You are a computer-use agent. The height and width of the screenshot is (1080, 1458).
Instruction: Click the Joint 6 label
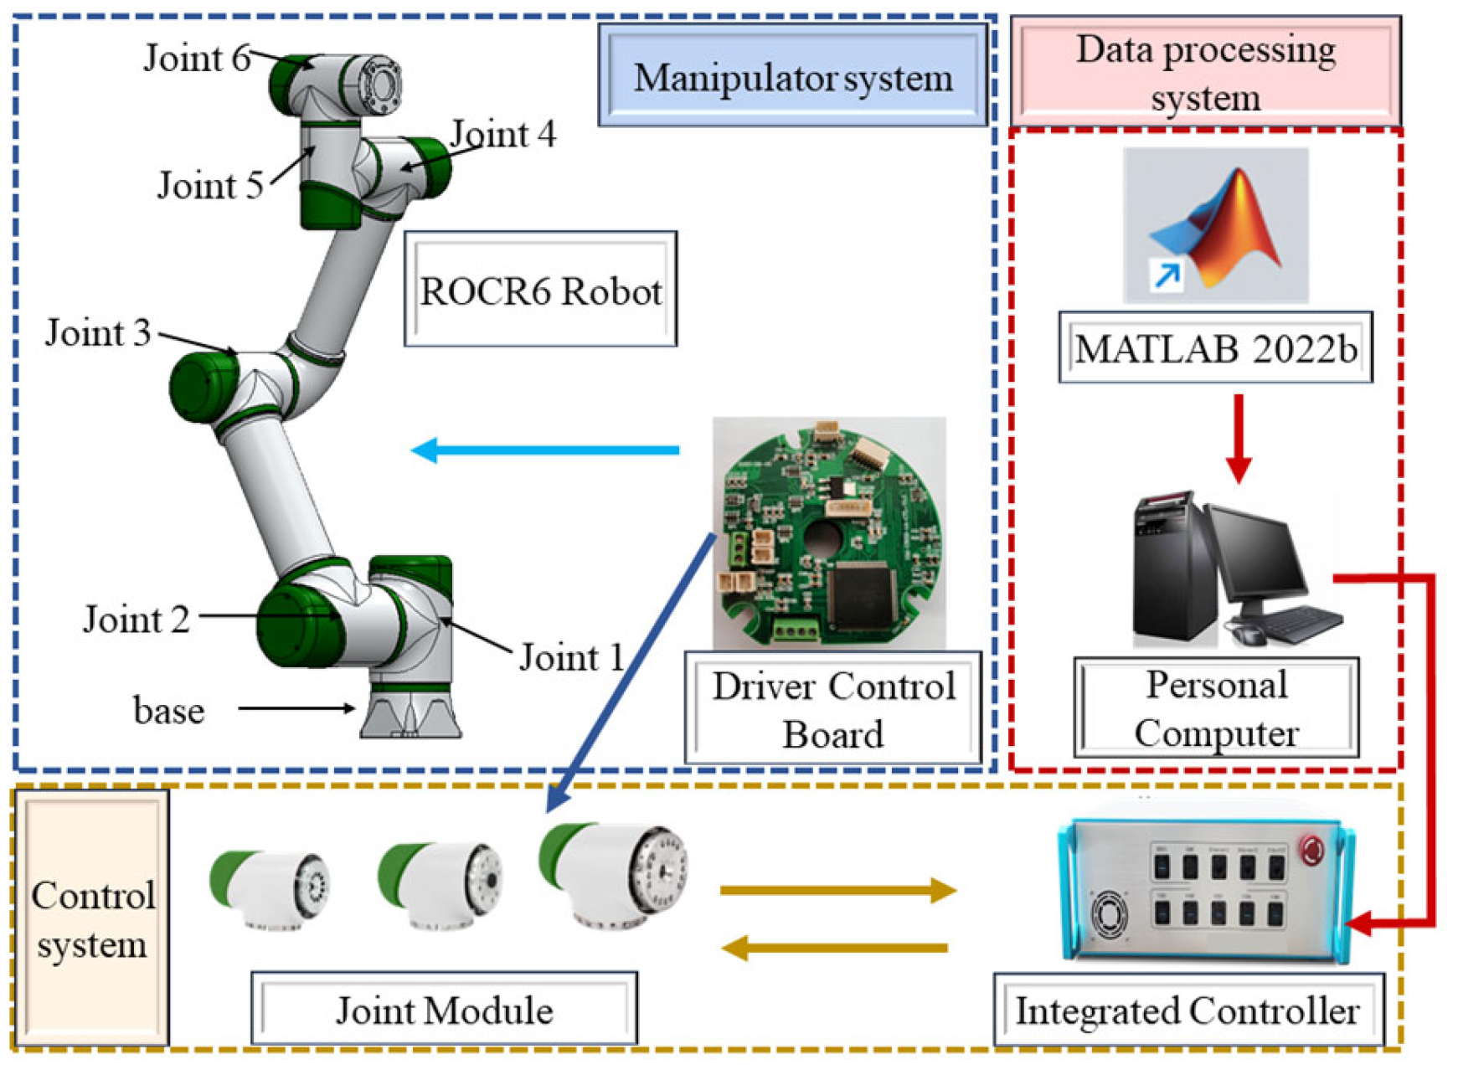tap(197, 59)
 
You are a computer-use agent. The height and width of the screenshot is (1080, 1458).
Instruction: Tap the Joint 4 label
tap(503, 134)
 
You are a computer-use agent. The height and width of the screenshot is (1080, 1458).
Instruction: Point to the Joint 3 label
tap(98, 333)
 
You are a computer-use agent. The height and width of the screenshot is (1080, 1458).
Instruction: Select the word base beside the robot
tap(168, 711)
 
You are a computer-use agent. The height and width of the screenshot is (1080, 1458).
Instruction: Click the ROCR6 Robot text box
tap(540, 291)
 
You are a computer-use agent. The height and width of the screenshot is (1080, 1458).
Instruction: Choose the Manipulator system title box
tap(792, 78)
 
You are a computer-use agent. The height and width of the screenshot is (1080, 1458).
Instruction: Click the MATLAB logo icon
tap(1216, 226)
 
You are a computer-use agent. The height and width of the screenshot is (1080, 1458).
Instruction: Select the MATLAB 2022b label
tap(1215, 348)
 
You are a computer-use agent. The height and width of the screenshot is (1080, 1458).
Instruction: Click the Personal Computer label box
tap(1216, 708)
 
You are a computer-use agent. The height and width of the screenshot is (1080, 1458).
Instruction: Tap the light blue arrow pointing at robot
tap(544, 450)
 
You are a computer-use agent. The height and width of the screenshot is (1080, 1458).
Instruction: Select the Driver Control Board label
tap(832, 709)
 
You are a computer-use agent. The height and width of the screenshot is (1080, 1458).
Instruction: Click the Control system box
tap(92, 919)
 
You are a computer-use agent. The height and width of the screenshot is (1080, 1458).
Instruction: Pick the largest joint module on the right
tap(616, 874)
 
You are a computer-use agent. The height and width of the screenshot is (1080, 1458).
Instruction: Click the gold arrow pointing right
tap(837, 890)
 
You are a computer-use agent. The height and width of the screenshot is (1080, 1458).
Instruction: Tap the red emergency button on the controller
tap(1311, 850)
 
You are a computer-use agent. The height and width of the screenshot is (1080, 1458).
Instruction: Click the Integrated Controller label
tap(1187, 1011)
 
